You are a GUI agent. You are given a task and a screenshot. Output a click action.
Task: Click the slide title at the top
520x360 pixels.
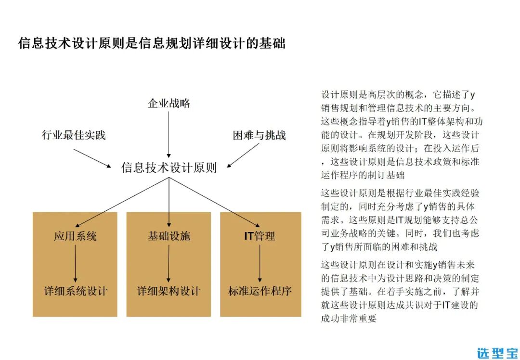tap(152, 43)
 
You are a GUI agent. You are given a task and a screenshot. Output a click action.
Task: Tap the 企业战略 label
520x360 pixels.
tap(169, 103)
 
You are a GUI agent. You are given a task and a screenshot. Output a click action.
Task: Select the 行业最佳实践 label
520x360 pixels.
tap(74, 135)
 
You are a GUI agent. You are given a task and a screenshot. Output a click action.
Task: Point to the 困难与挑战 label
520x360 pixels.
tap(259, 135)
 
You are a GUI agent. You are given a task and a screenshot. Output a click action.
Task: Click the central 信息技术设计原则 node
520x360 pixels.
tap(169, 167)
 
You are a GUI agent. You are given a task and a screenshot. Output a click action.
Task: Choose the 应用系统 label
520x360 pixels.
tap(75, 236)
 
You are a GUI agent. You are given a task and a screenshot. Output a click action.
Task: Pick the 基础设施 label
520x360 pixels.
tap(169, 236)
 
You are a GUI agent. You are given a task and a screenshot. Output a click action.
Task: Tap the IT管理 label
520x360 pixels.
tap(260, 236)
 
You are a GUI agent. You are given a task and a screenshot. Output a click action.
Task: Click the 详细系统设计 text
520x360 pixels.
tap(76, 291)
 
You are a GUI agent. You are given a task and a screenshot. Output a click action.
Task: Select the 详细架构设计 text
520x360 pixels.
tap(169, 291)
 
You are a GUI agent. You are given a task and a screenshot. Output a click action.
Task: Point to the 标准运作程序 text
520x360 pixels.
tap(260, 291)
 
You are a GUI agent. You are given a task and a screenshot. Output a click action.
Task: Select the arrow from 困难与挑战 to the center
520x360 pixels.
tap(245, 155)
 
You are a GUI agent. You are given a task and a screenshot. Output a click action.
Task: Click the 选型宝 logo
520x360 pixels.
tap(497, 352)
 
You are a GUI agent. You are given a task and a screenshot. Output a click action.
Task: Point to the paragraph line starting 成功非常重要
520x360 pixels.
tap(348, 318)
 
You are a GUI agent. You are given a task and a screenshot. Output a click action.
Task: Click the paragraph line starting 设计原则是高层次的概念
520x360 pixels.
tap(398, 94)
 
